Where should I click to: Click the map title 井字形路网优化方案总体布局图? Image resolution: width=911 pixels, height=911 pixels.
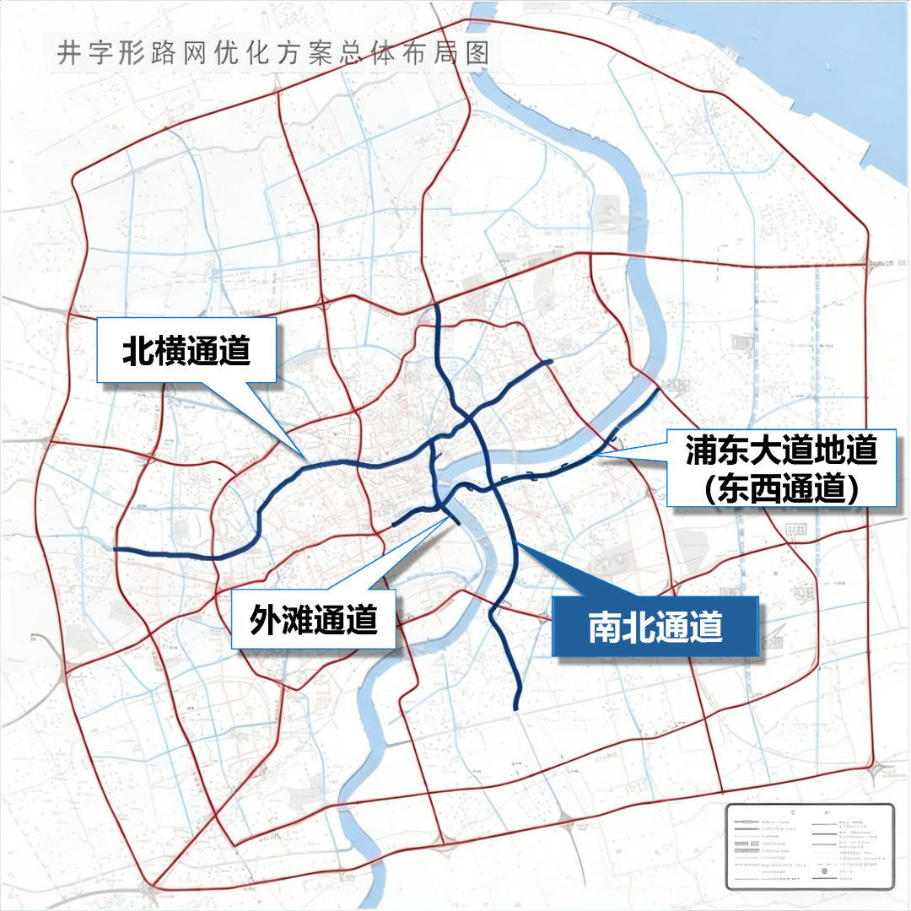tap(273, 52)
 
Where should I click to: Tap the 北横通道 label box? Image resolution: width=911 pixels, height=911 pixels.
tap(186, 350)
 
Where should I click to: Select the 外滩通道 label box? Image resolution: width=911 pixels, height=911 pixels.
tap(313, 620)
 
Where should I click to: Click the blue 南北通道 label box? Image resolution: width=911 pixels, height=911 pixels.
tap(655, 626)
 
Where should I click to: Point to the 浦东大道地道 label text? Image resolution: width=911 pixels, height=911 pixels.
tap(780, 450)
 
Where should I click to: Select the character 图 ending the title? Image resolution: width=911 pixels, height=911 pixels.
tap(477, 52)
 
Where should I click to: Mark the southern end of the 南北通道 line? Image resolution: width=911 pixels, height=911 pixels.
tap(515, 707)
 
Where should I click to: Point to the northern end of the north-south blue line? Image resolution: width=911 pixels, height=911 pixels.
tap(436, 307)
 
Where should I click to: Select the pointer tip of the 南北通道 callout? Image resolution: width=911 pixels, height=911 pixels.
tap(517, 544)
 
